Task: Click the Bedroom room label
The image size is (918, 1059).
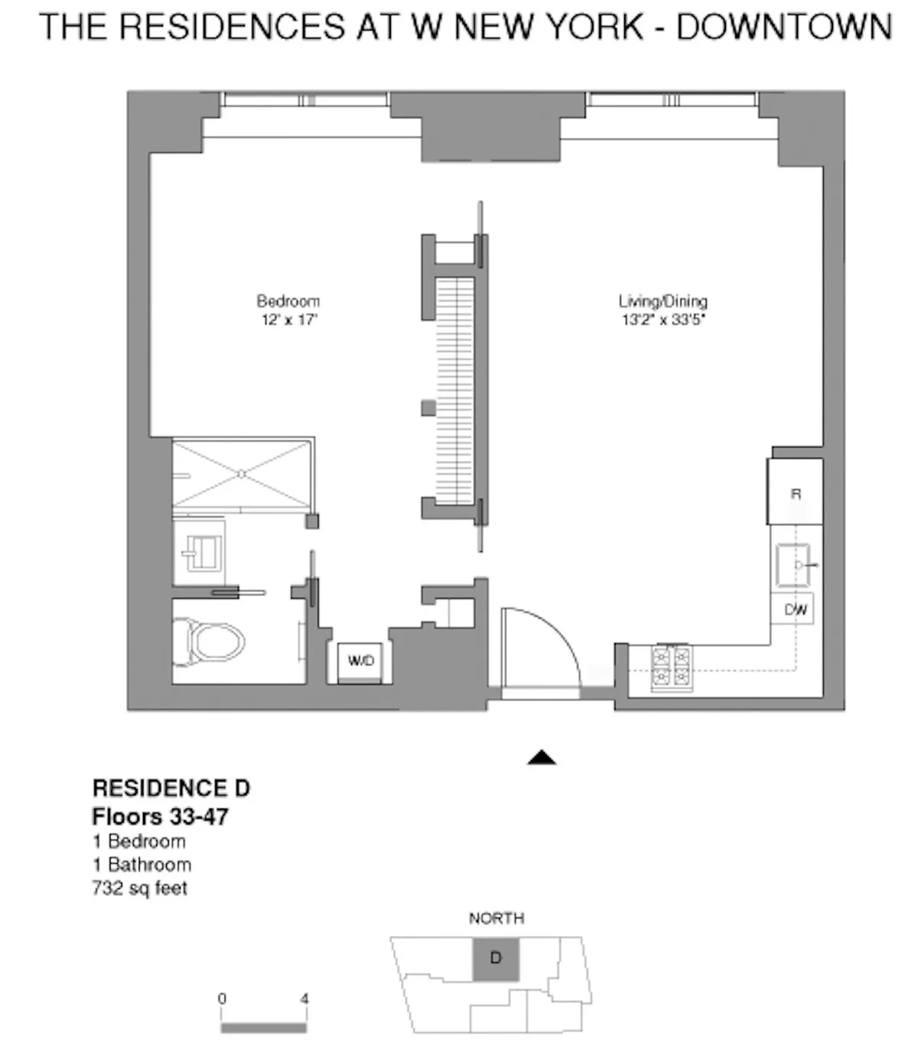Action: click(x=288, y=301)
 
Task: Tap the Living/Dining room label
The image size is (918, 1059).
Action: click(x=662, y=301)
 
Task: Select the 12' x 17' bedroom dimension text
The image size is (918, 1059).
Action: click(x=288, y=320)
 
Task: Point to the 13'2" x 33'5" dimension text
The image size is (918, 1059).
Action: click(x=662, y=320)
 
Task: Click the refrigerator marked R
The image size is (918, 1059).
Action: click(x=796, y=492)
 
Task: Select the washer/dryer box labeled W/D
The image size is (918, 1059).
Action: click(x=360, y=661)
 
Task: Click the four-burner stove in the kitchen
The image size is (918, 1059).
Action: click(x=672, y=668)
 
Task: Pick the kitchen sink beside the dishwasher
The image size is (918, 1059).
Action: click(x=793, y=564)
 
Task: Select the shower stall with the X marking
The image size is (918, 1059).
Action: click(x=242, y=474)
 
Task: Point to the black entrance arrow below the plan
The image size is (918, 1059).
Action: click(x=542, y=758)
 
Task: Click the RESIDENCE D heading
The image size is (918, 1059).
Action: click(x=171, y=788)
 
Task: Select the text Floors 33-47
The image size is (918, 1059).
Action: click(x=160, y=817)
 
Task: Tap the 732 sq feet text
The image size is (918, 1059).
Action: click(x=139, y=888)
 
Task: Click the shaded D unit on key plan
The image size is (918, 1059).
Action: click(x=496, y=959)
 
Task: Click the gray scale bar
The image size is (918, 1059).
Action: click(x=263, y=1028)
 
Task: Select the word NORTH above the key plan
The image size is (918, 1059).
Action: click(x=496, y=918)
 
